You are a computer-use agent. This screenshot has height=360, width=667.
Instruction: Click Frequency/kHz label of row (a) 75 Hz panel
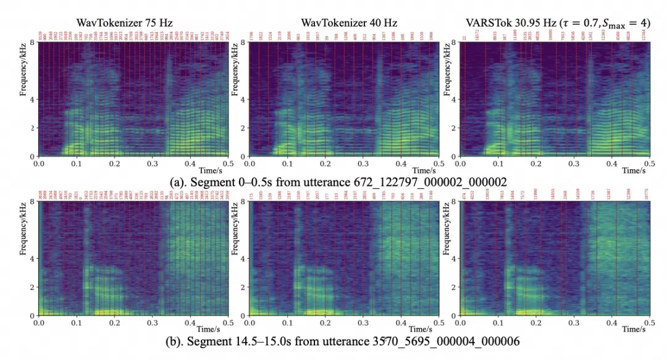tap(23, 99)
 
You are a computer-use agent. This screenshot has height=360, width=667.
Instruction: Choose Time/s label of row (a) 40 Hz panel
tap(424, 170)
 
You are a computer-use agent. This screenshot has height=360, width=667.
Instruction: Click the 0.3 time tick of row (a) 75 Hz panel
tap(153, 162)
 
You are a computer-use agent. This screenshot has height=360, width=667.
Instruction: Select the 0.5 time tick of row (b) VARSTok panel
tap(649, 322)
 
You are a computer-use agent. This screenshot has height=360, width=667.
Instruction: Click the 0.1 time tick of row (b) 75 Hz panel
tap(77, 322)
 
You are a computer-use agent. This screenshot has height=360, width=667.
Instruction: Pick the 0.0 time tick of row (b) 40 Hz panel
tap(251, 322)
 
